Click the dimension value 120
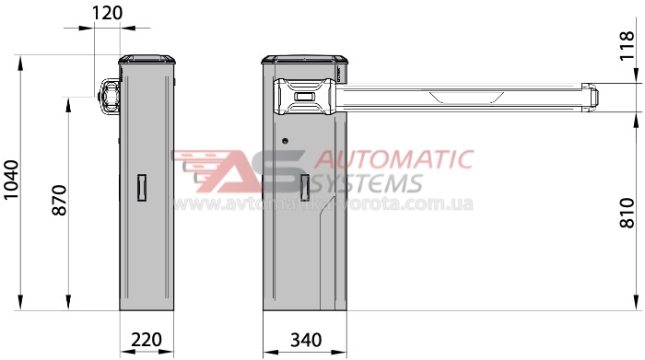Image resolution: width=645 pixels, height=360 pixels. pyautogui.click(x=107, y=13)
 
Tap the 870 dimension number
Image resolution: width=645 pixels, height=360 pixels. pyautogui.click(x=59, y=200)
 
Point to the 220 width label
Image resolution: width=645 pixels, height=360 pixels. pyautogui.click(x=147, y=340)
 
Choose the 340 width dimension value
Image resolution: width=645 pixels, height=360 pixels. pyautogui.click(x=306, y=340)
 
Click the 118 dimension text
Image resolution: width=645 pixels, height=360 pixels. pyautogui.click(x=627, y=46)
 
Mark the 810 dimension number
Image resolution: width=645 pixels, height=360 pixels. pyautogui.click(x=627, y=213)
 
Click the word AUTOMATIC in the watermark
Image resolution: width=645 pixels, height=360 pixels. pyautogui.click(x=394, y=159)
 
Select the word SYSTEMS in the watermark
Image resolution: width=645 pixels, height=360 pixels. pyautogui.click(x=368, y=183)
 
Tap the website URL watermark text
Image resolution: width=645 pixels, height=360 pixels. pyautogui.click(x=322, y=203)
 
